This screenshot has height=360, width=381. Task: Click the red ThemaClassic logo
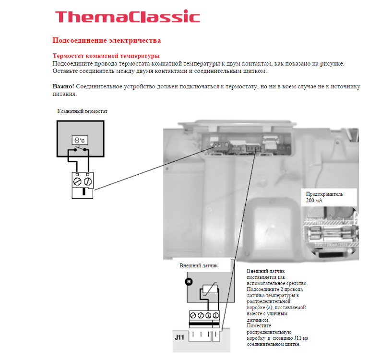tap(128, 16)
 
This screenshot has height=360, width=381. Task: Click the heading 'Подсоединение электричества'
tap(107, 40)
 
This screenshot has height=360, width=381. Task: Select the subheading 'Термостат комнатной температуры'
tap(106, 56)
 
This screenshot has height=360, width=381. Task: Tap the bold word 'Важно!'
tap(63, 86)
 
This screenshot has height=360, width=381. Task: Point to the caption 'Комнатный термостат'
tap(82, 111)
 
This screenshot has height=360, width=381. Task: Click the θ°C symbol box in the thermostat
tap(80, 140)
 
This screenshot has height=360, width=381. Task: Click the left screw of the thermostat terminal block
tap(77, 181)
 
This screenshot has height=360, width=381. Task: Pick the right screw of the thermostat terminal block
tap(88, 181)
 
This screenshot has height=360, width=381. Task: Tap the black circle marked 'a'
tap(189, 282)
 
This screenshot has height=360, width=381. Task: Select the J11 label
tap(179, 337)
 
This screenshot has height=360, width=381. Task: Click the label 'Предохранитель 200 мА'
tap(324, 197)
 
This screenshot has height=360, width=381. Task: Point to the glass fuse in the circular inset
tap(331, 233)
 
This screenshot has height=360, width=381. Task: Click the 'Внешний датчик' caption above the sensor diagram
tap(199, 266)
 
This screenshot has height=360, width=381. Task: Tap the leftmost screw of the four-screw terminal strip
tap(193, 315)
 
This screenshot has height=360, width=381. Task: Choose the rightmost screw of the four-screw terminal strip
tap(216, 315)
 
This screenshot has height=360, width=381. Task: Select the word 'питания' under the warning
tap(65, 94)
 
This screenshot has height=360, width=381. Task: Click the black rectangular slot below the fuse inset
tap(331, 255)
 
